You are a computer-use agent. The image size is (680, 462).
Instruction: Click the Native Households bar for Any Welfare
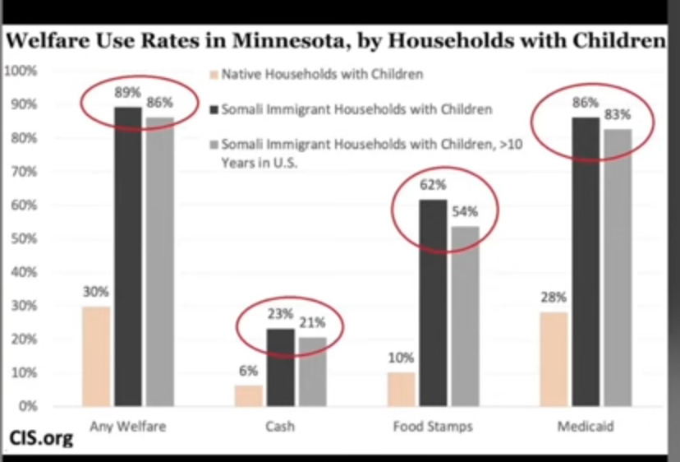click(x=96, y=356)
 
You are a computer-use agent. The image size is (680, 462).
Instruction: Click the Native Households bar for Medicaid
click(x=554, y=359)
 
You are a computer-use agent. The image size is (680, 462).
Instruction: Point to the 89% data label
click(x=124, y=92)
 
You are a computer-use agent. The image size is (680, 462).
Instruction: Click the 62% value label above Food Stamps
click(x=432, y=185)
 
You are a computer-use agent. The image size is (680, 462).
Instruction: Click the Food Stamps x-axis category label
click(x=433, y=427)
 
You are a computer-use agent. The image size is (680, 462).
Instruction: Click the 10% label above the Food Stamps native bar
click(x=400, y=358)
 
